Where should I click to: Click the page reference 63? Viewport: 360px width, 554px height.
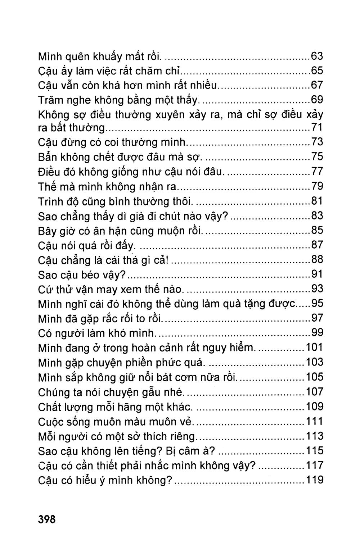click(317, 56)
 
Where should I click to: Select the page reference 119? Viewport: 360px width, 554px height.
click(314, 480)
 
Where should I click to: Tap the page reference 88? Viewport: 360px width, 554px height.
click(317, 259)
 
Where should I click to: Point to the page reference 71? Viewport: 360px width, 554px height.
click(317, 127)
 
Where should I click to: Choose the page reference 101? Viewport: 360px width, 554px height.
click(314, 348)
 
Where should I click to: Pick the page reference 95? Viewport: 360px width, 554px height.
click(317, 304)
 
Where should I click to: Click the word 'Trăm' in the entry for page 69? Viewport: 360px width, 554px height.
click(50, 100)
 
